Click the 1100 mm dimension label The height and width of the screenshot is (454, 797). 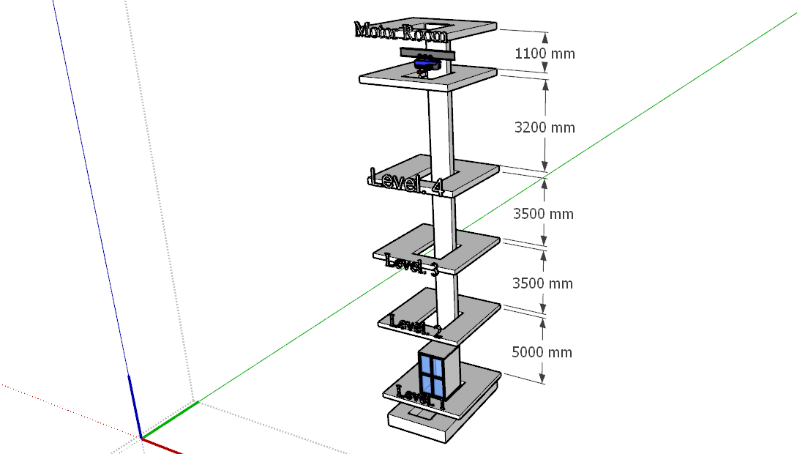point(545,53)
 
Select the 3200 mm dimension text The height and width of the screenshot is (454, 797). point(545,127)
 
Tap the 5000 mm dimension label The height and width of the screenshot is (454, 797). point(542,352)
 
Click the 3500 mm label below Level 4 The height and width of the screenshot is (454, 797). point(543,214)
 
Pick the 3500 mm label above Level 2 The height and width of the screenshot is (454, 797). point(542,283)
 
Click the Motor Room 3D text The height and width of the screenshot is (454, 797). point(401,32)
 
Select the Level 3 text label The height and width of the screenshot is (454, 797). point(412,264)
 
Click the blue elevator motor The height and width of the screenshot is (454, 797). point(426,64)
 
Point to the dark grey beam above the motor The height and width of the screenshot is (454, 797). point(427,53)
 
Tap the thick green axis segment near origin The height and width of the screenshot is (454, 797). point(170,420)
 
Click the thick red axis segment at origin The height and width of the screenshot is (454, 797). point(162,446)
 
